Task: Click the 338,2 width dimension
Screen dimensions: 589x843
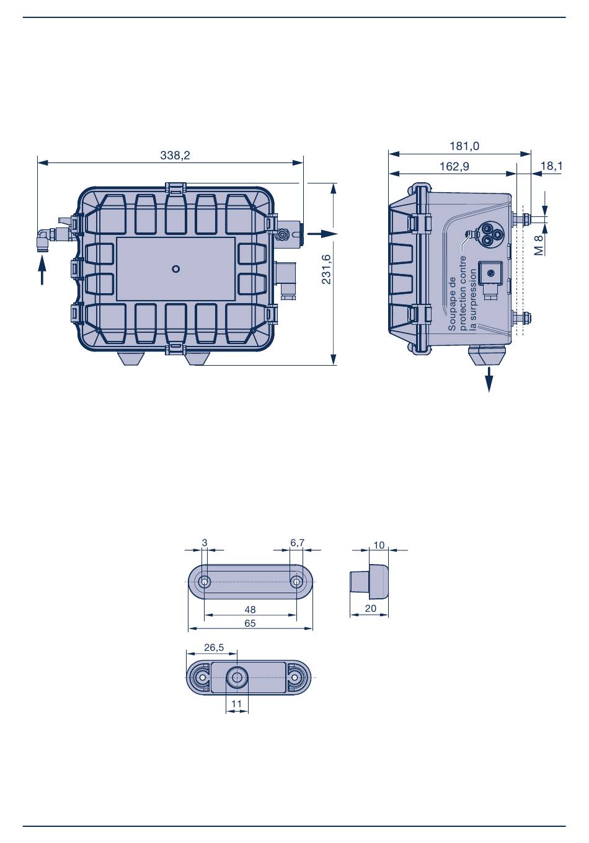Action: (175, 155)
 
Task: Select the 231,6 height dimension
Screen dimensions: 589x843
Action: (326, 269)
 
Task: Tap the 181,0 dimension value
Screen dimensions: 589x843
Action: (464, 146)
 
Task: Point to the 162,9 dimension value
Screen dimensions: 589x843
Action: (454, 166)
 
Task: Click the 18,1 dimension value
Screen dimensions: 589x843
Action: (551, 166)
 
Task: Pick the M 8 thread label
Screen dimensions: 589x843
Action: (539, 245)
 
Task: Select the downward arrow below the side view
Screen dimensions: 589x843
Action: (489, 379)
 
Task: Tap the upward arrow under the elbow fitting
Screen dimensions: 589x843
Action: (42, 270)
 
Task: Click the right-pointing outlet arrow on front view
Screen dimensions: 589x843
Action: (323, 234)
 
